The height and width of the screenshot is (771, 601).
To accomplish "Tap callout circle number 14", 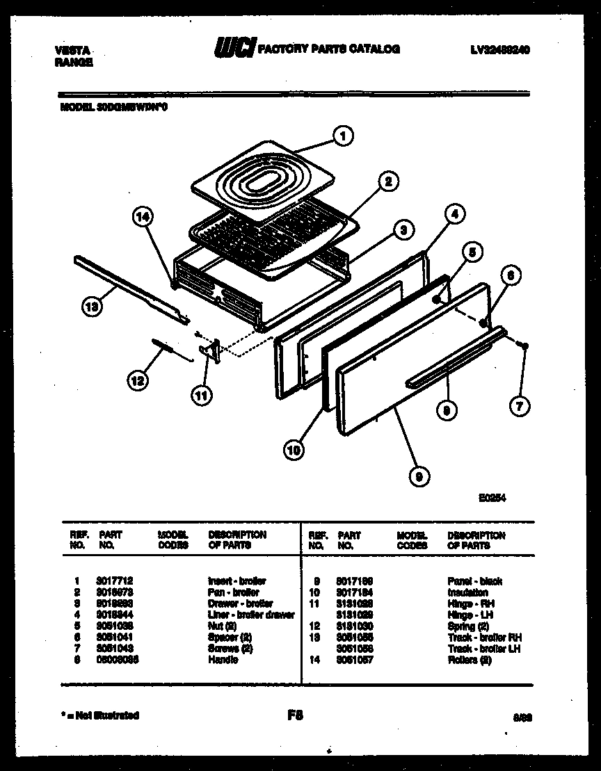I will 142,217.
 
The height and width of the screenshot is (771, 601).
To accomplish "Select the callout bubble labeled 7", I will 519,405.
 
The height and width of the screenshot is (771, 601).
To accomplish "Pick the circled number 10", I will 294,451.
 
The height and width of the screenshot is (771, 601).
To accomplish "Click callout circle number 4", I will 453,215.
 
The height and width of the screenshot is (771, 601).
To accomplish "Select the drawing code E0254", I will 492,498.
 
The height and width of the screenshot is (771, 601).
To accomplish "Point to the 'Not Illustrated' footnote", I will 99,715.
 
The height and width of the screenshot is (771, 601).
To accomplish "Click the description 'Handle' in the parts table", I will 223,660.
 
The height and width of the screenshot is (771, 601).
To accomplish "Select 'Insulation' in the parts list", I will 467,592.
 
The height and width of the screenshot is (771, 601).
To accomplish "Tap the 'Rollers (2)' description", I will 470,660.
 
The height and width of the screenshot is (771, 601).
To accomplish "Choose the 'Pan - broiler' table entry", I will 233,592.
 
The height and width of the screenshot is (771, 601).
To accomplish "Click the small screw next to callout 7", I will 527,346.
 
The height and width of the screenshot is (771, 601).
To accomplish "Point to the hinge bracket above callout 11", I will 210,351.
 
